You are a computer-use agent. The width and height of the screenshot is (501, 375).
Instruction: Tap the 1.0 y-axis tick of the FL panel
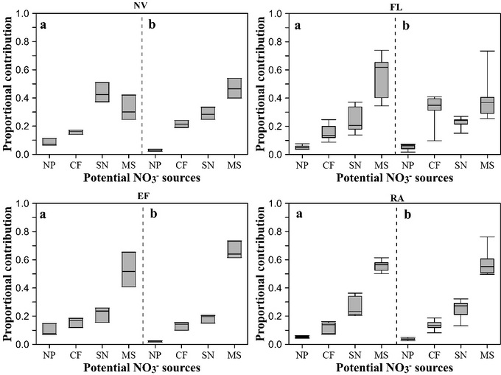click(x=276, y=13)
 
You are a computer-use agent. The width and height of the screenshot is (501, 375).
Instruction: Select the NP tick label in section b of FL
click(x=406, y=167)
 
